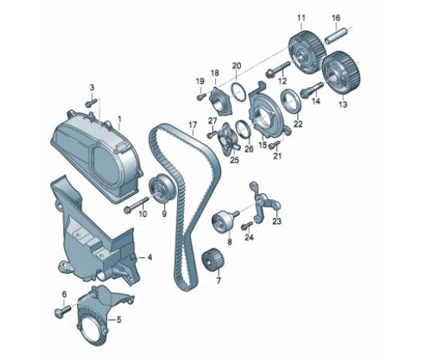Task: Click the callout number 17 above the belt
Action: click(x=192, y=125)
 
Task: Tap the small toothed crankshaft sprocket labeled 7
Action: click(x=213, y=259)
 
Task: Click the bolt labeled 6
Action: click(x=64, y=311)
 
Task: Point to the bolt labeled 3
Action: click(x=91, y=102)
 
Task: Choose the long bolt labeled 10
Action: click(x=137, y=204)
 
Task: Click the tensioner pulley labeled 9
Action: click(x=162, y=189)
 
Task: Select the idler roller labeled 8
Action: click(x=223, y=221)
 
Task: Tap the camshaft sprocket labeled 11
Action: click(x=306, y=53)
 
